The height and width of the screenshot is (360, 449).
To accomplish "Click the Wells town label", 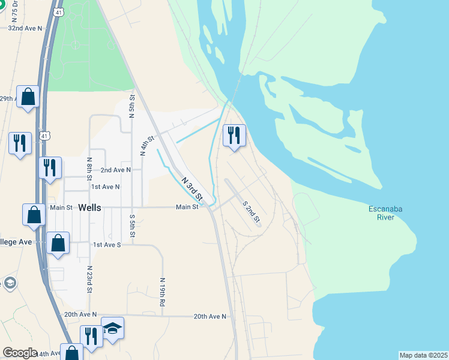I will [91, 207].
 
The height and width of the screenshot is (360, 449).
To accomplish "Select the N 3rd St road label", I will [191, 187].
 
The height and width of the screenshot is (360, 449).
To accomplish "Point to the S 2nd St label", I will [251, 212].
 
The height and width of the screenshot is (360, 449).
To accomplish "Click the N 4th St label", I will [147, 146].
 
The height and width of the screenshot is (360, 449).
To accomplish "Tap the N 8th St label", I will [89, 169].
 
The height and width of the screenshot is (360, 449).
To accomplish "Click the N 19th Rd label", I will [163, 292].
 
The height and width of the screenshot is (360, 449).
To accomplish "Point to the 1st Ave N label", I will [106, 187].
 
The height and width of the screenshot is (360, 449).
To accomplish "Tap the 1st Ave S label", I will [107, 245].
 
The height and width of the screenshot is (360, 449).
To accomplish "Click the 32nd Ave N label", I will [25, 28].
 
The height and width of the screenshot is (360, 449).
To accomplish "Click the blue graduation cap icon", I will [112, 329].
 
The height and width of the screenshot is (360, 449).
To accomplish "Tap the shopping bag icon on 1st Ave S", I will [58, 244].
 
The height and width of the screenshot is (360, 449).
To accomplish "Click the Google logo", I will [20, 353].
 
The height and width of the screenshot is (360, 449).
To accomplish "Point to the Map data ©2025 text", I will [423, 355].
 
